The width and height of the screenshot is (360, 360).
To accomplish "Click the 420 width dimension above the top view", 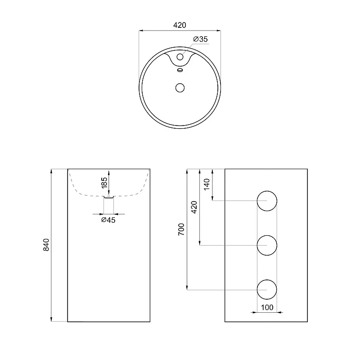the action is coord(180,25).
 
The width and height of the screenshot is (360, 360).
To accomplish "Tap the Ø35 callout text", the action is coord(200,39).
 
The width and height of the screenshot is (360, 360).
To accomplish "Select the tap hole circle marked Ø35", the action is coord(180,57).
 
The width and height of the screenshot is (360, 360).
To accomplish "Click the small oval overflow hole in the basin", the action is coord(180,70).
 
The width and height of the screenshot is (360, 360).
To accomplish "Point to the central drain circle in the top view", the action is coord(180,88).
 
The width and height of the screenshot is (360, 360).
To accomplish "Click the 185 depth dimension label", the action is coord(104,183).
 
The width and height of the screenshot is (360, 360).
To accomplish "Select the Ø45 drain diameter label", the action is coord(108,220).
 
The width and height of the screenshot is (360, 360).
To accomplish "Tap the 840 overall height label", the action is coord(46,245).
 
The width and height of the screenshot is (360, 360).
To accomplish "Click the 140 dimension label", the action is coord(207,184).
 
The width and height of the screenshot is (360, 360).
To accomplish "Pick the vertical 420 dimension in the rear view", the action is coord(194,207).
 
